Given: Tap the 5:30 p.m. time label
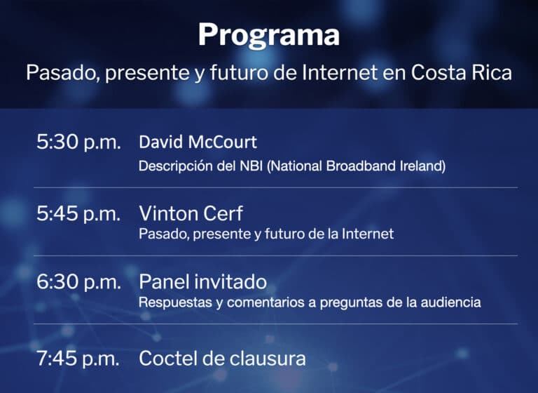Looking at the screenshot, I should pos(78,142).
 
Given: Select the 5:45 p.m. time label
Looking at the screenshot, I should pos(78,214).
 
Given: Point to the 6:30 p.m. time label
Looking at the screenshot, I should pos(78,283).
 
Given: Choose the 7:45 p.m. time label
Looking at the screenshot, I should pos(78,359).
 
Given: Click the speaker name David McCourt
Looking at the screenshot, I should pos(198,142).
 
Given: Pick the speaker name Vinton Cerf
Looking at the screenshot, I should pos(191,213).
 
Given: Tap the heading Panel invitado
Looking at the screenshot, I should pos(202,282).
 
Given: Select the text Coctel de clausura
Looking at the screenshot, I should pos(222,359).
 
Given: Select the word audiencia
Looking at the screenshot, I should pos(454,303).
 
